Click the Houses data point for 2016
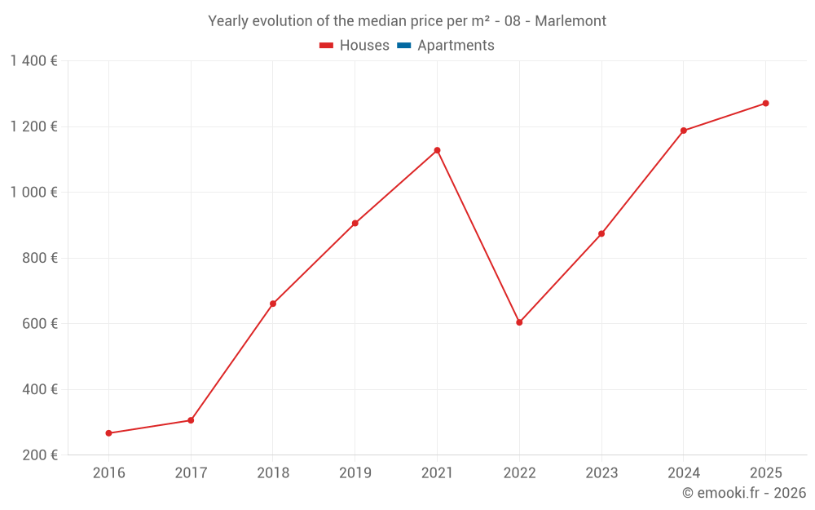pyautogui.click(x=108, y=433)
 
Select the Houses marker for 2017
pyautogui.click(x=191, y=420)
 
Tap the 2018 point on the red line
pyautogui.click(x=273, y=304)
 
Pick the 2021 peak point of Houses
pyautogui.click(x=437, y=150)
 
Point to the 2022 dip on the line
pyautogui.click(x=519, y=322)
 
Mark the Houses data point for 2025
pyautogui.click(x=765, y=104)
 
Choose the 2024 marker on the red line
pyautogui.click(x=683, y=131)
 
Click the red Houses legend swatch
pyautogui.click(x=327, y=46)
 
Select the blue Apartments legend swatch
pyautogui.click(x=404, y=46)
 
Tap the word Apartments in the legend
pyautogui.click(x=456, y=46)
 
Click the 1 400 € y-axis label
pyautogui.click(x=34, y=60)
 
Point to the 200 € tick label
pyautogui.click(x=39, y=455)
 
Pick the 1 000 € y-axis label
pyautogui.click(x=34, y=192)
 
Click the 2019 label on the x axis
pyautogui.click(x=355, y=473)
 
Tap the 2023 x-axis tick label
pyautogui.click(x=601, y=473)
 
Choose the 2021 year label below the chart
pyautogui.click(x=437, y=473)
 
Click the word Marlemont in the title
pyautogui.click(x=570, y=21)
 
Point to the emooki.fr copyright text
pyautogui.click(x=744, y=493)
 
